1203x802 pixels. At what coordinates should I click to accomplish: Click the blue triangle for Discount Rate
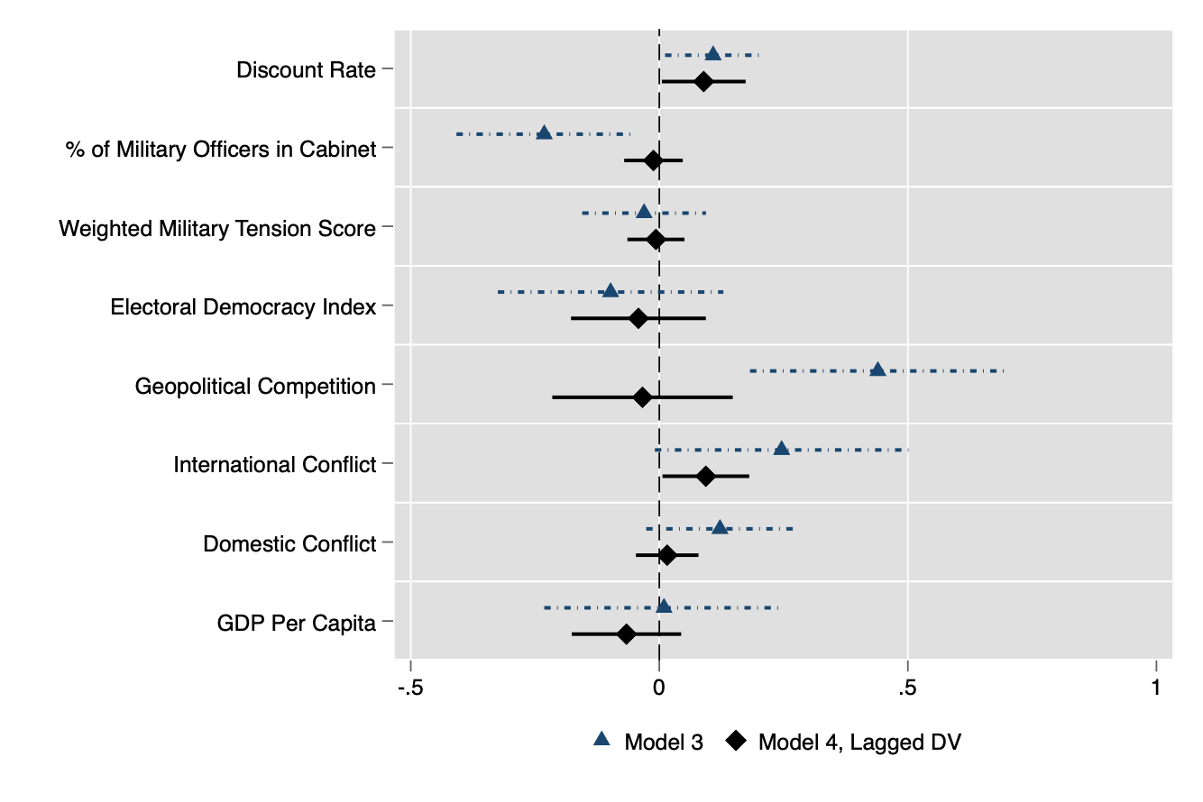pos(712,54)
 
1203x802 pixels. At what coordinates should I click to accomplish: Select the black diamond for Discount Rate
pos(703,82)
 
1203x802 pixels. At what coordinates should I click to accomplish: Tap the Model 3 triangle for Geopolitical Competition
pos(877,369)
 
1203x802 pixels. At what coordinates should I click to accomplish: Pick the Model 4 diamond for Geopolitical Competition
pos(642,397)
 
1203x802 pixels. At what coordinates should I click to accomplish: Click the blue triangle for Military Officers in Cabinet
pos(544,133)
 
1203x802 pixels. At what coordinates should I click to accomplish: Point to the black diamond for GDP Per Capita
pos(626,634)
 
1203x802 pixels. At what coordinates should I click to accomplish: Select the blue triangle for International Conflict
pos(781,449)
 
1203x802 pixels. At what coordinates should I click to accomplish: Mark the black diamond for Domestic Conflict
pos(667,555)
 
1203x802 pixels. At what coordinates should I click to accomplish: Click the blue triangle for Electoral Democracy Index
pos(611,291)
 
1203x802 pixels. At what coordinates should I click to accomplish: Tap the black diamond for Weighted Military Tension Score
pos(656,240)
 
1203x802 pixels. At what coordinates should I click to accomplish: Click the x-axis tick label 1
pos(1156,688)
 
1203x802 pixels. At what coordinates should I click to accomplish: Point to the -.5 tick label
pos(410,688)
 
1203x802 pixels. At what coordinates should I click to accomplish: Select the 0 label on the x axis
pos(659,688)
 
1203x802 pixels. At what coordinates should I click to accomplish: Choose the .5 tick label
pos(907,688)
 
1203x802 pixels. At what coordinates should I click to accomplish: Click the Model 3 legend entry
pos(648,742)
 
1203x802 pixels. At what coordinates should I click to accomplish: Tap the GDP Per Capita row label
pos(296,623)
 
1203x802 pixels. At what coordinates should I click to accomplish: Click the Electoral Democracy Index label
pos(243,307)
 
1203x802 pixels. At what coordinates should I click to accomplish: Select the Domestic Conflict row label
pos(289,544)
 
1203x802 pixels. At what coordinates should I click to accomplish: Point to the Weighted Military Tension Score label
pos(216,229)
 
